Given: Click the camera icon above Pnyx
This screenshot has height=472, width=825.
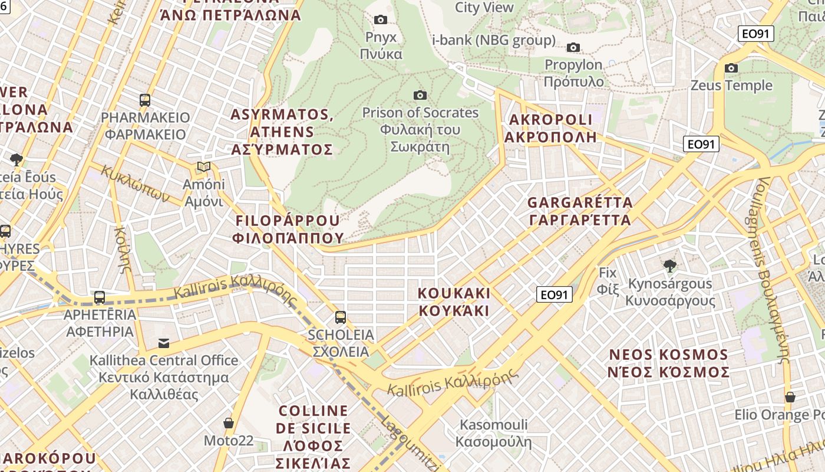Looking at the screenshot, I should pyautogui.click(x=381, y=19).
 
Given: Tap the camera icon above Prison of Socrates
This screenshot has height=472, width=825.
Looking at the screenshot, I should pyautogui.click(x=420, y=95).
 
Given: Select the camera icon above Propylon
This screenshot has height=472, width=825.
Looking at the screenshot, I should pyautogui.click(x=573, y=47).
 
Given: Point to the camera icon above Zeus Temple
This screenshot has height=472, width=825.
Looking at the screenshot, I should pyautogui.click(x=731, y=68).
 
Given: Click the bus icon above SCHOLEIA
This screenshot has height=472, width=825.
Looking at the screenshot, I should pyautogui.click(x=341, y=317).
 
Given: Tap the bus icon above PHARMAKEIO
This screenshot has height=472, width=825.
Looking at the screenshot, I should pyautogui.click(x=145, y=100).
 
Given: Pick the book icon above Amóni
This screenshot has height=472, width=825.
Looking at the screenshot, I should pyautogui.click(x=204, y=167).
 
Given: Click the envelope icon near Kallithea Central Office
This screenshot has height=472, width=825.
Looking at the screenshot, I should pyautogui.click(x=164, y=343).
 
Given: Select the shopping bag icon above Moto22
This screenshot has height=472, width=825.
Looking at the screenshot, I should pyautogui.click(x=229, y=423).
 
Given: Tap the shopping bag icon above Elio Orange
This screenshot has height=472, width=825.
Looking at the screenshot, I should pyautogui.click(x=790, y=397).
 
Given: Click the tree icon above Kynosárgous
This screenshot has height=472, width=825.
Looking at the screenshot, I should pyautogui.click(x=669, y=265).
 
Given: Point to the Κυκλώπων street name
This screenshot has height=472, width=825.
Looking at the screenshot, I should pyautogui.click(x=135, y=183).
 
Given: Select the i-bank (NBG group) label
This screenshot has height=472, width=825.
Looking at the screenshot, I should pyautogui.click(x=494, y=40).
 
